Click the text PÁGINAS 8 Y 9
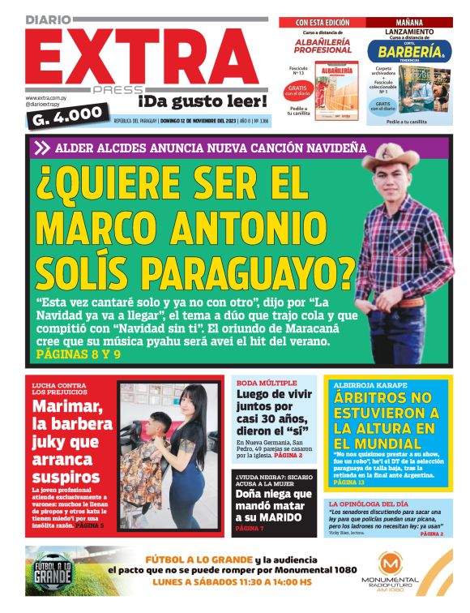(79, 354)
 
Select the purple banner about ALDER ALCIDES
(199, 148)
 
